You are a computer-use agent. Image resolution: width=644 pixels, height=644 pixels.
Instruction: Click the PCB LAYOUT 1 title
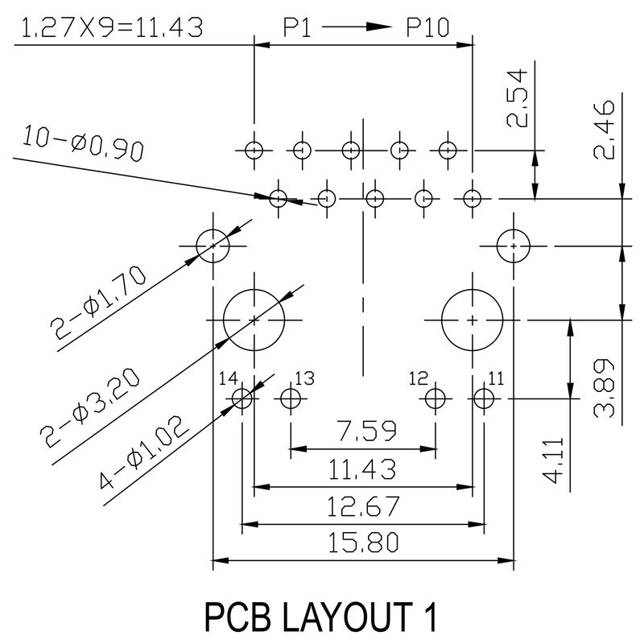(321, 618)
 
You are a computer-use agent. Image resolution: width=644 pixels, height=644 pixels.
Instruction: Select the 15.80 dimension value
(362, 543)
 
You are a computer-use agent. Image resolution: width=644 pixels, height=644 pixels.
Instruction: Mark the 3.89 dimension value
(605, 386)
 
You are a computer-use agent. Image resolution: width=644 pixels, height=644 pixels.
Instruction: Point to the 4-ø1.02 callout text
(142, 454)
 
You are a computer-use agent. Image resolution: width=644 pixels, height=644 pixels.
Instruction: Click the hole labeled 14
(242, 398)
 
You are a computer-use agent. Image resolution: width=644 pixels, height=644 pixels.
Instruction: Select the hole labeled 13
(291, 398)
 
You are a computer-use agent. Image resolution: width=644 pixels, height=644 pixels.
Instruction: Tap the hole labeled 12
(436, 398)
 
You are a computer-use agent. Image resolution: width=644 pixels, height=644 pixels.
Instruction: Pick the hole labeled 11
(484, 398)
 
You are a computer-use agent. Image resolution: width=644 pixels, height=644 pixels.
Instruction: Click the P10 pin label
(427, 28)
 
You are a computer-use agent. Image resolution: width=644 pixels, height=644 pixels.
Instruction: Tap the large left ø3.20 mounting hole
(254, 320)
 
